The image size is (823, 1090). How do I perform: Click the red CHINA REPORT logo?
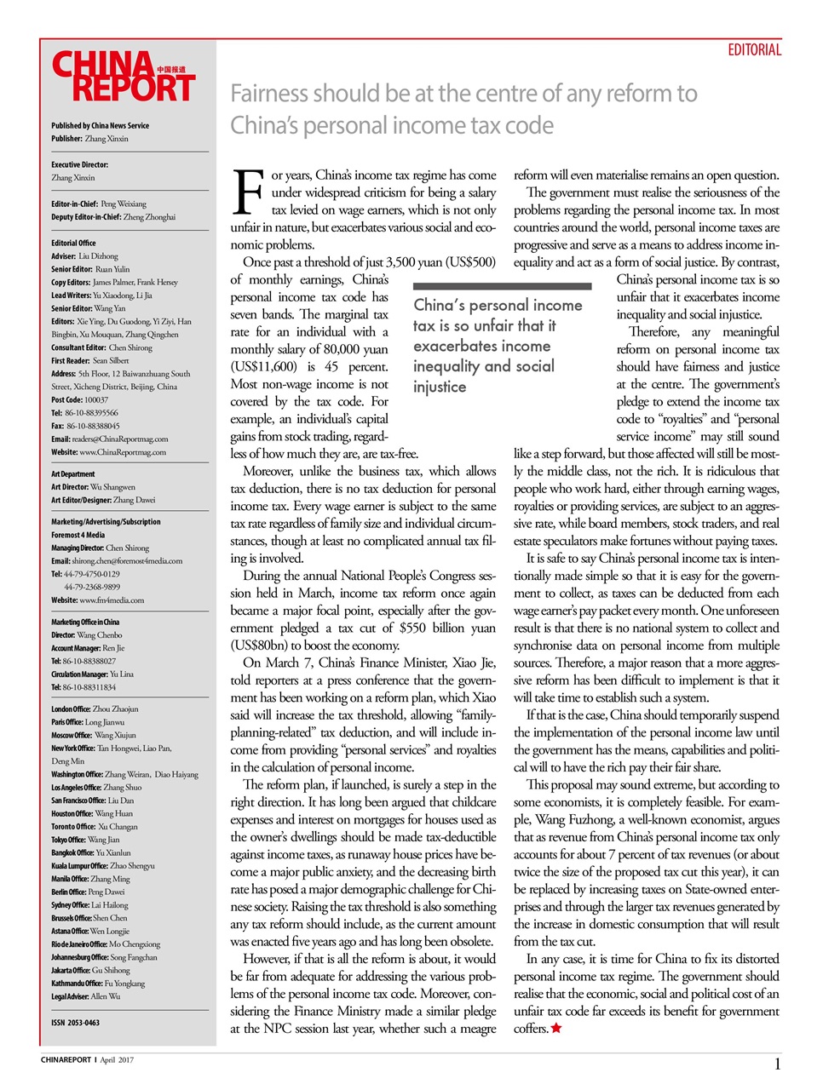click(x=124, y=77)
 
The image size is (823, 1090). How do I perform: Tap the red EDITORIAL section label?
click(x=754, y=50)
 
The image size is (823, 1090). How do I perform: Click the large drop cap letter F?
click(x=247, y=192)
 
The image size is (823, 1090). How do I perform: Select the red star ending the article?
click(x=556, y=1029)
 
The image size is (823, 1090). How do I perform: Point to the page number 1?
click(x=777, y=1064)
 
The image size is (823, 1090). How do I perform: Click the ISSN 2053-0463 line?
click(x=75, y=1023)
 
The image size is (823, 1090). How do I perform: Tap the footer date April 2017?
click(x=117, y=1060)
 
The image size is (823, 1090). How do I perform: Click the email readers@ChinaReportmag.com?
click(x=119, y=439)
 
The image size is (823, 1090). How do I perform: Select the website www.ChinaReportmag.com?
click(x=122, y=452)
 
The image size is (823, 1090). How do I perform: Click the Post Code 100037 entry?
click(x=79, y=399)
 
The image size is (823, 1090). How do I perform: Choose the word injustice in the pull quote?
click(x=440, y=387)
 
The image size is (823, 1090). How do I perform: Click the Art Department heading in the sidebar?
click(x=73, y=474)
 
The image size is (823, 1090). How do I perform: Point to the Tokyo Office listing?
click(x=85, y=840)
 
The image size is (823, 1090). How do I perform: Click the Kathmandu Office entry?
click(x=97, y=984)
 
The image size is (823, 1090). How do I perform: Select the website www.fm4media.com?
click(x=111, y=600)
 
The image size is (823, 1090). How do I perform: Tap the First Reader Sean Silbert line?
click(x=89, y=360)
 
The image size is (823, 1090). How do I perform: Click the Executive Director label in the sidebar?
click(x=79, y=164)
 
